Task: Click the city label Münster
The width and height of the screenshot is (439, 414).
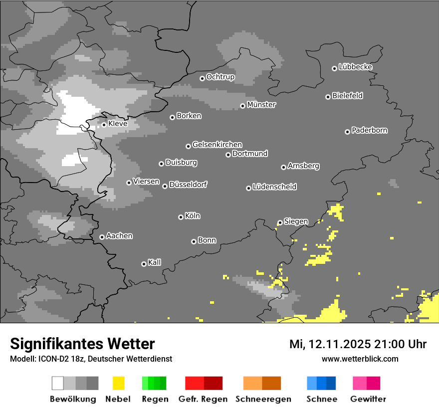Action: (261, 105)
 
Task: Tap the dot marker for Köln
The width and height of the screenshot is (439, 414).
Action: (181, 217)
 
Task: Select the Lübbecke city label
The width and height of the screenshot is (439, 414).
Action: (355, 67)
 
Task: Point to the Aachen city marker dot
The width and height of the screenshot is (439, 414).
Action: (102, 237)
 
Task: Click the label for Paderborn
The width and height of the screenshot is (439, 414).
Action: (369, 130)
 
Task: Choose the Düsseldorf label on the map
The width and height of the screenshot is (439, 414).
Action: (188, 185)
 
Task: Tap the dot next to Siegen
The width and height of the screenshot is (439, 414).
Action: (280, 223)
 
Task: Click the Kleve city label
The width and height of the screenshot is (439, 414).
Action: (118, 124)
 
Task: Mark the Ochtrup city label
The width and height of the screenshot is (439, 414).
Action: (220, 77)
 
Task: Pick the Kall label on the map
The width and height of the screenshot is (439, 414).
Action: (154, 262)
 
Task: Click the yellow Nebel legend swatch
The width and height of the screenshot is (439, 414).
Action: (118, 383)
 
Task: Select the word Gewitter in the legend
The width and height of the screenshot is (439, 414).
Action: (368, 399)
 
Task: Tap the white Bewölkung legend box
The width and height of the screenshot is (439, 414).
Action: (58, 383)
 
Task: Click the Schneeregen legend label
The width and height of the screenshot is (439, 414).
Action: (263, 399)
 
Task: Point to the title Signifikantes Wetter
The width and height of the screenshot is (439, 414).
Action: (82, 344)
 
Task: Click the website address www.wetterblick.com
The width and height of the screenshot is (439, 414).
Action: (360, 359)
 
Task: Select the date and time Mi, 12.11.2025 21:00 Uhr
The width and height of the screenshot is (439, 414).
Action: (358, 344)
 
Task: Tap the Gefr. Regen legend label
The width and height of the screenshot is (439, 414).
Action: (203, 399)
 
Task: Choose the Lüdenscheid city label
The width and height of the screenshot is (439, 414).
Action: (274, 187)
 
